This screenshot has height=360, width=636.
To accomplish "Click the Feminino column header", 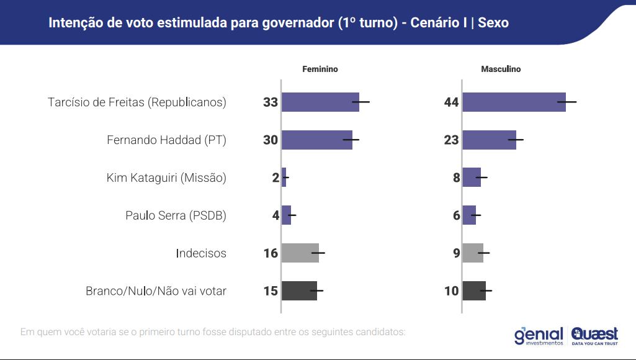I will tap(320, 70).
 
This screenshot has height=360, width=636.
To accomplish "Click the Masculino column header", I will tap(501, 70).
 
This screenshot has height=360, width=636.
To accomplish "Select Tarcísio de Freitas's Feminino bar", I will tap(320, 102).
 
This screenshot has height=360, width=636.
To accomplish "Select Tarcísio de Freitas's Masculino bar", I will tap(514, 102).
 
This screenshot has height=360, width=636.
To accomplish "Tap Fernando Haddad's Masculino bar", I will tap(489, 140).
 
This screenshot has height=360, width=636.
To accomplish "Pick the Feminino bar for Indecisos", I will tap(300, 253).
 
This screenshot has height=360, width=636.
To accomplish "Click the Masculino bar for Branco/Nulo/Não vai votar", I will tap(474, 290).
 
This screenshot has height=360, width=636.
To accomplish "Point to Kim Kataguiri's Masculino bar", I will tap(472, 178).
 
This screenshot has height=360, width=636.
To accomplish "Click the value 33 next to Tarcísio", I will tap(271, 102).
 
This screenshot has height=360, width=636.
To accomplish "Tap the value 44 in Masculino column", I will tap(451, 102).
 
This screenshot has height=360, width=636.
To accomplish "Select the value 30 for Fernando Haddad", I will tap(271, 140).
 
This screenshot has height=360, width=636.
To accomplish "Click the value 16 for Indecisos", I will tap(271, 253).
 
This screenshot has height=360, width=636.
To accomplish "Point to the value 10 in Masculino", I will tap(451, 290).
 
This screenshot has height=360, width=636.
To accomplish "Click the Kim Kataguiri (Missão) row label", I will tap(166, 178).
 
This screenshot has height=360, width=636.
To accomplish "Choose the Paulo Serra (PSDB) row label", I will tap(176, 215).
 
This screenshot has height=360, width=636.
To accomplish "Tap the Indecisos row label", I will tap(201, 253).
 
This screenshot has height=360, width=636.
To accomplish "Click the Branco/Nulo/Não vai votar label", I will tap(156, 290).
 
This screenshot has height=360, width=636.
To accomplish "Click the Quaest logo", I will tap(594, 335).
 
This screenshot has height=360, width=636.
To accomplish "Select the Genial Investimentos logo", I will tap(539, 335).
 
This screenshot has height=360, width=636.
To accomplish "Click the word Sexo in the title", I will tap(493, 23).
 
